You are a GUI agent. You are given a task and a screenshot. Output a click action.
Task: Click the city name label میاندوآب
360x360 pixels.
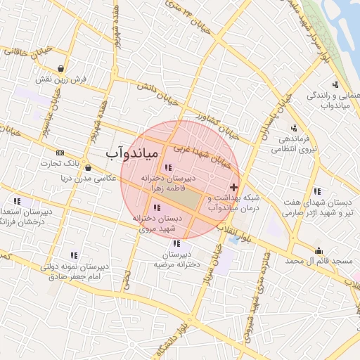pyautogui.click(x=134, y=152)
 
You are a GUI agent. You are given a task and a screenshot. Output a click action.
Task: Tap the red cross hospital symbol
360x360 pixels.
pyautogui.click(x=233, y=188)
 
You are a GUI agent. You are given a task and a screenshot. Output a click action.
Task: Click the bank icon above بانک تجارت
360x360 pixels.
pyautogui.click(x=60, y=153)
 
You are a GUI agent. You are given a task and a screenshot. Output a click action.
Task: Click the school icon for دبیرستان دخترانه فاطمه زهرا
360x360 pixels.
pyautogui.click(x=167, y=167)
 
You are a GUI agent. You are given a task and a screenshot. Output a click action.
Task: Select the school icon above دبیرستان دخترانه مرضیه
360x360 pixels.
pyautogui.click(x=176, y=243)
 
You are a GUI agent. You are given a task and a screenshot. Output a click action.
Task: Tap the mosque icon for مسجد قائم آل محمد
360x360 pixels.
pyautogui.click(x=319, y=250)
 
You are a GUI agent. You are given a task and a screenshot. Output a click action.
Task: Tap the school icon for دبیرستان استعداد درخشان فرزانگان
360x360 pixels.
pyautogui.click(x=16, y=201)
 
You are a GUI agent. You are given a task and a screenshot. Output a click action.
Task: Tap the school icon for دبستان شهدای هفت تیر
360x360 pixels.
pyautogui.click(x=318, y=191)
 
